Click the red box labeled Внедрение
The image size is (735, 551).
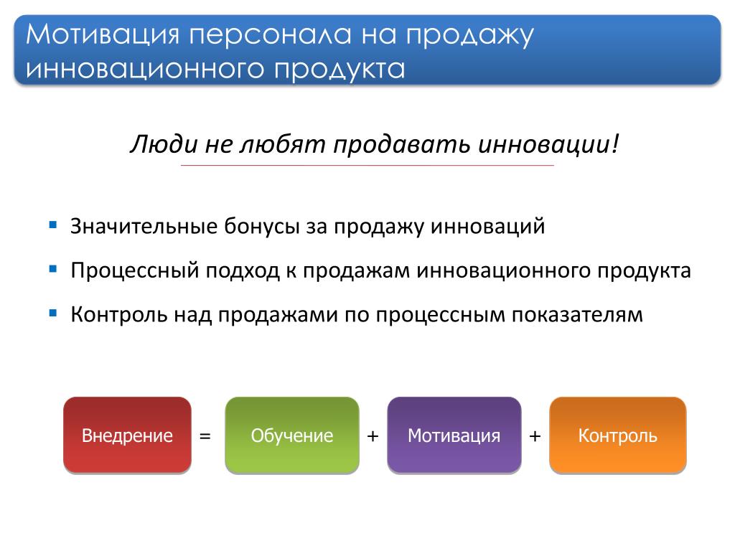tap(127, 435)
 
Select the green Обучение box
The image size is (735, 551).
tap(292, 435)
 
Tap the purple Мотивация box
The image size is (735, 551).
tap(454, 435)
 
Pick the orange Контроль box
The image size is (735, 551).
tap(618, 435)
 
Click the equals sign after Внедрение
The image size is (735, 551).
tap(205, 436)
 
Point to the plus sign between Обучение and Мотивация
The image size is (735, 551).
tap(373, 436)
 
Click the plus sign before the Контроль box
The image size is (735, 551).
tap(535, 436)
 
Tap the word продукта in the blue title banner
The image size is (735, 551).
tap(340, 70)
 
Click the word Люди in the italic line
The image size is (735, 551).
tap(164, 143)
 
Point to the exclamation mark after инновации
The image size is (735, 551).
tap(615, 143)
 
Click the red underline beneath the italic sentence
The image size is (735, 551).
tap(367, 166)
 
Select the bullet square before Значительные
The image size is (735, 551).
tap(53, 225)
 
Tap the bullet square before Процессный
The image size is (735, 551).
tap(53, 269)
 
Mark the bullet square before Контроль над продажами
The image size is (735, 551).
tap(53, 313)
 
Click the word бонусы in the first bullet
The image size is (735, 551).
tap(261, 227)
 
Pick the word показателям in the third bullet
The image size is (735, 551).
tap(577, 315)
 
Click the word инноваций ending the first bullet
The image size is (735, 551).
tap(488, 227)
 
